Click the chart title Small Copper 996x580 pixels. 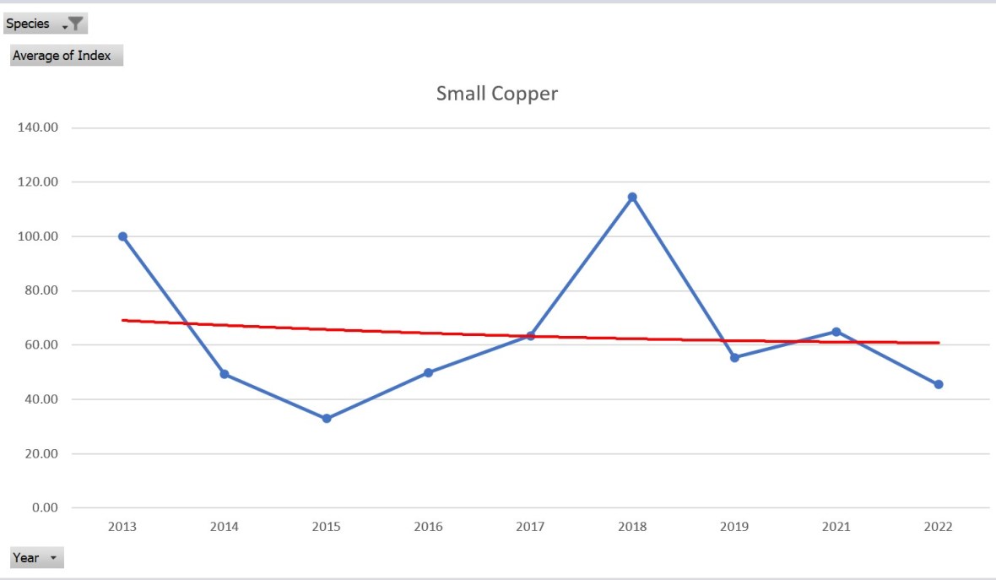(x=496, y=94)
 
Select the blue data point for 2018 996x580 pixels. (x=632, y=198)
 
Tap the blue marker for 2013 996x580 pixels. (x=122, y=236)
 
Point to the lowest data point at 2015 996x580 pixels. (x=327, y=418)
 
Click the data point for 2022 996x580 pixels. (x=938, y=384)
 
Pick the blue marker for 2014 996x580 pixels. (x=225, y=374)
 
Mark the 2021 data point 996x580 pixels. (x=836, y=332)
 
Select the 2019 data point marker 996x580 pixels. (x=734, y=358)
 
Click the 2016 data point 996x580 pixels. (x=428, y=372)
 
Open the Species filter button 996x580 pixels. (x=46, y=24)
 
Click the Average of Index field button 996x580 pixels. (x=67, y=56)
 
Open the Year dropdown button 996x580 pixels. (x=36, y=558)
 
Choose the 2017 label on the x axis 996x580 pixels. (x=530, y=527)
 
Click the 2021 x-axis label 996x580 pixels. (x=836, y=527)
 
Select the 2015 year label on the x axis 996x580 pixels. (x=327, y=527)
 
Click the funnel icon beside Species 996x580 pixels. (x=75, y=24)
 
